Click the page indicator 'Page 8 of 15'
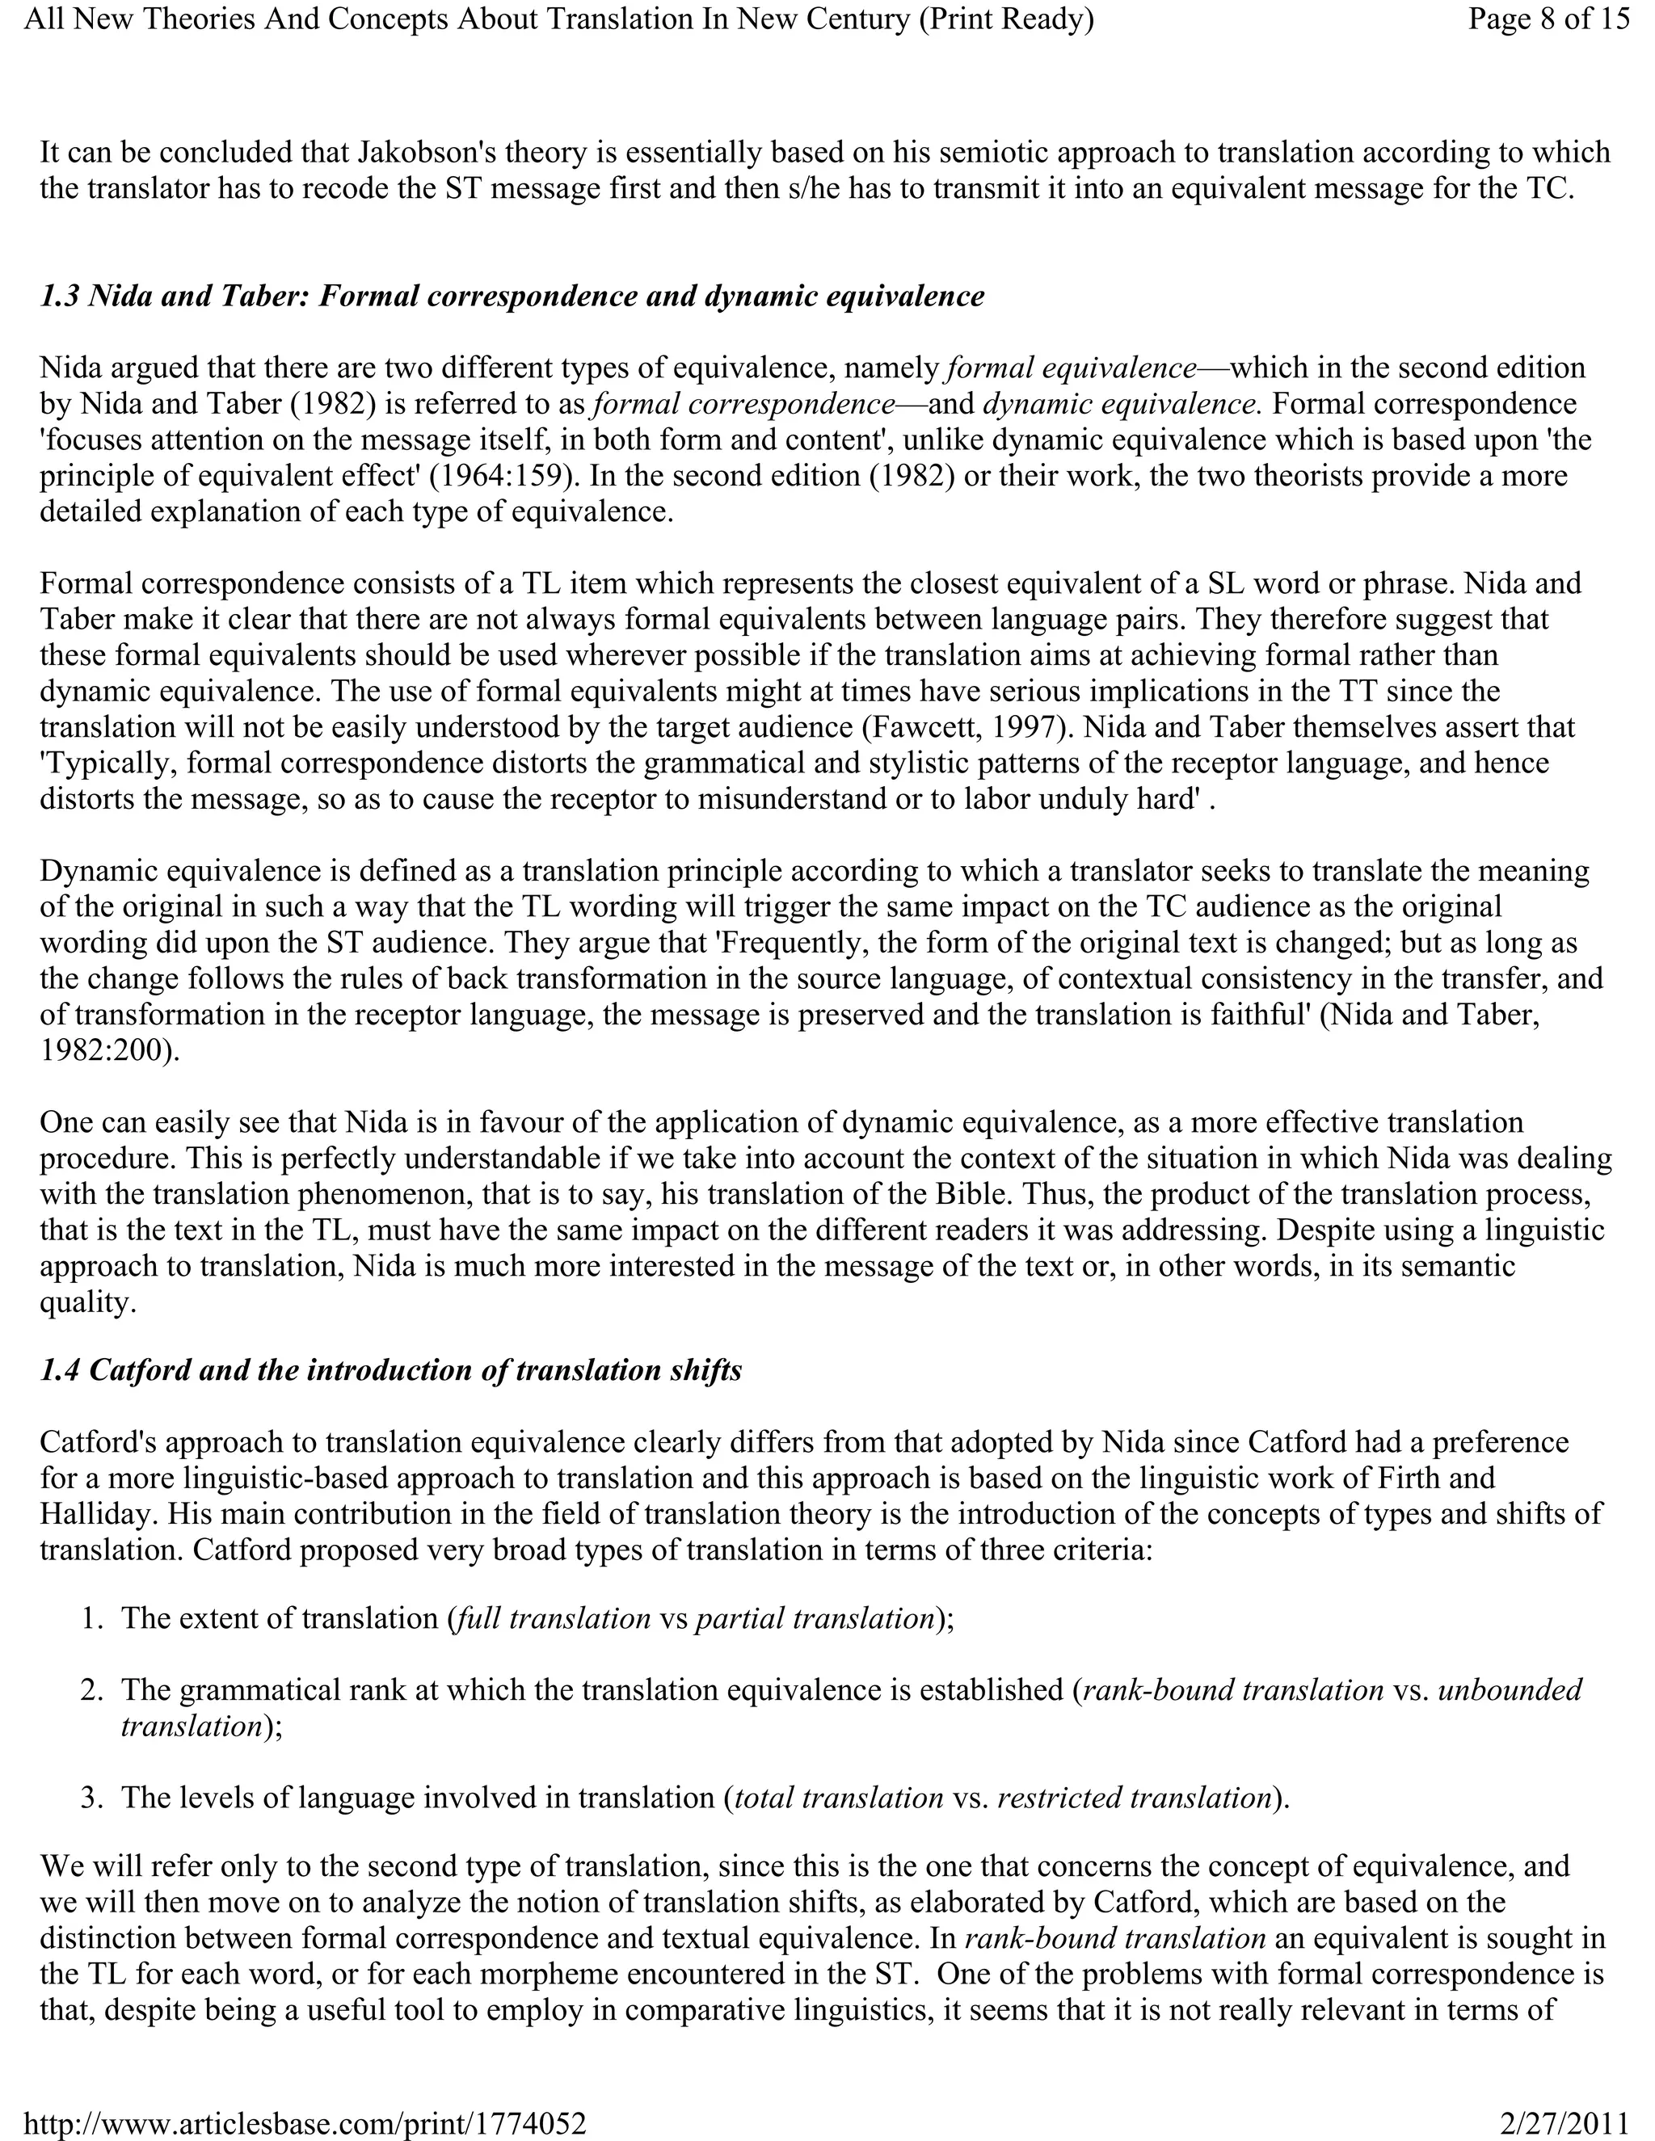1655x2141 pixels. [x=1548, y=19]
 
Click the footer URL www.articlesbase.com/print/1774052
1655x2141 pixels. [x=304, y=2123]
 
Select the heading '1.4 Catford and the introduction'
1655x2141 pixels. [x=390, y=1369]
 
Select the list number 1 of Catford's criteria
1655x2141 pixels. [x=92, y=1618]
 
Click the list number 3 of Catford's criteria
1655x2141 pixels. [x=92, y=1798]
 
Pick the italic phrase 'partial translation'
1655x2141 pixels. [x=814, y=1618]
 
